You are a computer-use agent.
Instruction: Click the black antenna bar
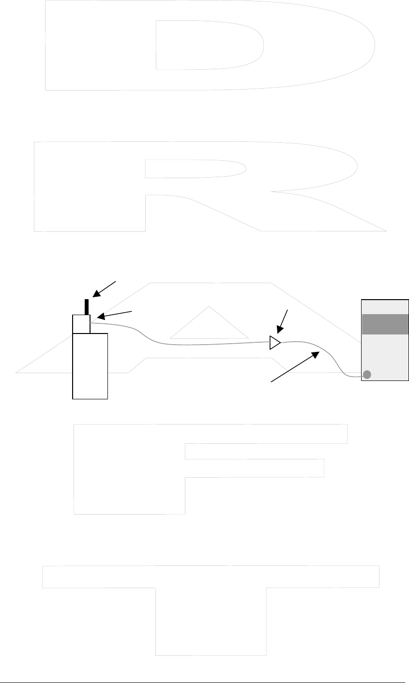[x=87, y=307]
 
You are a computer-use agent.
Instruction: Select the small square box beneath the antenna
[x=81, y=324]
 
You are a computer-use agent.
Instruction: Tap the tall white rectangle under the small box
[x=90, y=366]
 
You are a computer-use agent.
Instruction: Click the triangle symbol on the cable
[x=275, y=343]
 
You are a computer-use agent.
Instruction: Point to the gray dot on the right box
[x=367, y=374]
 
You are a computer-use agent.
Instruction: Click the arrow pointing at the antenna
[x=105, y=288]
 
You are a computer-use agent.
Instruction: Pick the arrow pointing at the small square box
[x=114, y=314]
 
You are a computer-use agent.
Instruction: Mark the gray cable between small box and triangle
[x=194, y=345]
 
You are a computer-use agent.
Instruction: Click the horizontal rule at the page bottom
[x=204, y=670]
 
